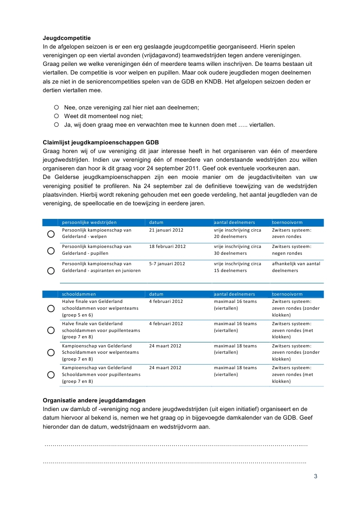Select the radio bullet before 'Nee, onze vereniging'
click(57, 107)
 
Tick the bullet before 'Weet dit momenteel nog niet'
click(57, 116)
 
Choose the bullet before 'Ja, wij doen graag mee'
click(57, 124)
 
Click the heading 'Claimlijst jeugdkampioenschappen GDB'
click(100, 142)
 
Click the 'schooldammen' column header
click(79, 294)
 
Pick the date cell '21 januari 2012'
click(166, 230)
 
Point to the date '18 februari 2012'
click(168, 247)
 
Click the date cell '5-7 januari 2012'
click(167, 263)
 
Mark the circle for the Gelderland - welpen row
click(51, 234)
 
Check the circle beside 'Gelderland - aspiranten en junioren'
click(51, 271)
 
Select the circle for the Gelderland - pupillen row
click(51, 251)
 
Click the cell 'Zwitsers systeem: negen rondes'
click(291, 250)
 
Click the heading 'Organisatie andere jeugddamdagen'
click(94, 401)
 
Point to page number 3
click(315, 476)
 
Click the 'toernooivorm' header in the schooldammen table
click(287, 294)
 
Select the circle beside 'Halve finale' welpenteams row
click(51, 308)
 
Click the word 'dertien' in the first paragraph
click(52, 90)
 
